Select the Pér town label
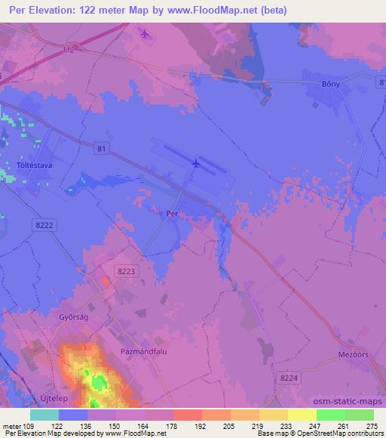pos(172,214)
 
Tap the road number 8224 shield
pos(286,378)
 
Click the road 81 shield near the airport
pos(102,149)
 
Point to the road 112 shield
pos(69,51)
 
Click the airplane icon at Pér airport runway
pos(196,163)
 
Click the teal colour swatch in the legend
pos(44,415)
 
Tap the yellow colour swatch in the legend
pos(302,415)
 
